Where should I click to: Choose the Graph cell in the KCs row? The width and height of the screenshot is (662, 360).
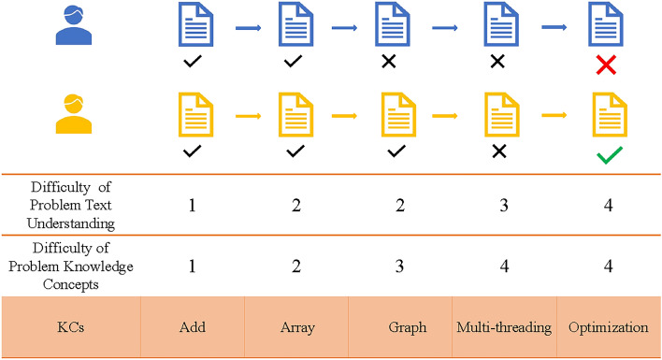pyautogui.click(x=399, y=329)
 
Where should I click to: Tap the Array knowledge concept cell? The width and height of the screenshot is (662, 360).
pyautogui.click(x=295, y=329)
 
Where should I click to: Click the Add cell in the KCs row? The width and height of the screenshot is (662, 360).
pyautogui.click(x=191, y=329)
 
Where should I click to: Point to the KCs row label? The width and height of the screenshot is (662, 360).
pyautogui.click(x=70, y=329)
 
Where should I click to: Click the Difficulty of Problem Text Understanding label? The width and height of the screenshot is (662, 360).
pyautogui.click(x=70, y=203)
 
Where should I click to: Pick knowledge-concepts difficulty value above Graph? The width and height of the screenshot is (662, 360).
pyautogui.click(x=399, y=266)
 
